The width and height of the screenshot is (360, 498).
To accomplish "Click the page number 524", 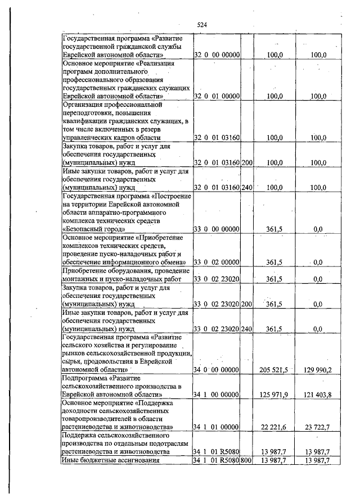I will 202,25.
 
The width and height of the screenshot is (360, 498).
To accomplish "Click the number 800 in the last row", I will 246,461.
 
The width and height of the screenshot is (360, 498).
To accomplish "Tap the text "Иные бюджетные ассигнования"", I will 110,461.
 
